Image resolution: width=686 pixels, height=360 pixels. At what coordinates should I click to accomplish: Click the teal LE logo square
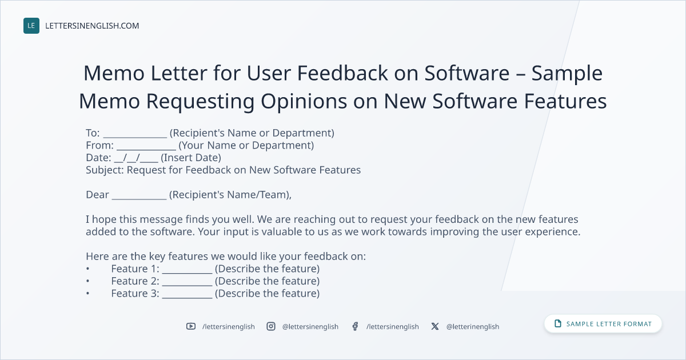(x=31, y=26)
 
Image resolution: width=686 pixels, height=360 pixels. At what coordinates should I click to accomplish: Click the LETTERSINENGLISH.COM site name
(x=92, y=26)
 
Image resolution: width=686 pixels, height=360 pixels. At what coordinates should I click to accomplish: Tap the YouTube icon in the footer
(x=191, y=326)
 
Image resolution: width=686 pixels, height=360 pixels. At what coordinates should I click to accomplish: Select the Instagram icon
(x=271, y=326)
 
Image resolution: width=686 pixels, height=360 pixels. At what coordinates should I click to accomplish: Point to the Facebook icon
(x=355, y=326)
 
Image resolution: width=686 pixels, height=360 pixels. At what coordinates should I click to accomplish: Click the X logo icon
(x=435, y=326)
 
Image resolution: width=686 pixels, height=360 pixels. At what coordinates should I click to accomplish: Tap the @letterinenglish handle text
(x=473, y=327)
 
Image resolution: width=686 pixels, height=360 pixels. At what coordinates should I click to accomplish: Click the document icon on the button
(x=558, y=323)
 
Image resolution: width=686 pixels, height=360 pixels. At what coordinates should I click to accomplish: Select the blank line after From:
(x=146, y=149)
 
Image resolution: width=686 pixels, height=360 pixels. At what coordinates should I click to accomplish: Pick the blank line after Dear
(x=139, y=199)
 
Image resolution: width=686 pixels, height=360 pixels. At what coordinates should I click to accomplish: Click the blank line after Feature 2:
(x=187, y=285)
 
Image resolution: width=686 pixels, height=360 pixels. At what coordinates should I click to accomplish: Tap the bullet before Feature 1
(x=88, y=269)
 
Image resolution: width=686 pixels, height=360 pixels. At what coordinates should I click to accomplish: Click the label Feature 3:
(x=135, y=293)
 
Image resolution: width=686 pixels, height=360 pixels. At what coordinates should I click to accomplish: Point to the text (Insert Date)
(x=191, y=158)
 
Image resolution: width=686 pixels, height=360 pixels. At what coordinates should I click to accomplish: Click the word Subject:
(x=105, y=170)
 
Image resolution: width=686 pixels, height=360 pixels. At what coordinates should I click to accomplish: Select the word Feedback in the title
(x=342, y=73)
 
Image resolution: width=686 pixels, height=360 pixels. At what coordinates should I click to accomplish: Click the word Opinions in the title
(x=304, y=102)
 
